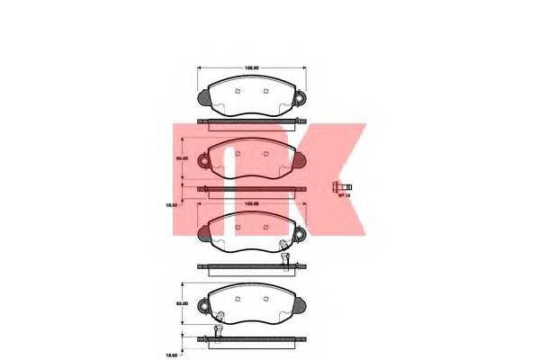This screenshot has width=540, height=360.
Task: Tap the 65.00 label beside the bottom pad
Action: coord(181,304)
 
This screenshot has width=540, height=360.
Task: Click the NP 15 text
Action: coord(343,196)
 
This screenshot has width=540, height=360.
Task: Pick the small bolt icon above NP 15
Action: coord(340,185)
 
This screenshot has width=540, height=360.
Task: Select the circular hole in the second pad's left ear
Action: coord(203,162)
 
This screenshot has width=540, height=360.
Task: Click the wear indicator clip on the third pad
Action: coord(285,246)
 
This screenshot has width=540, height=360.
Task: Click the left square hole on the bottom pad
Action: coord(236,293)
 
